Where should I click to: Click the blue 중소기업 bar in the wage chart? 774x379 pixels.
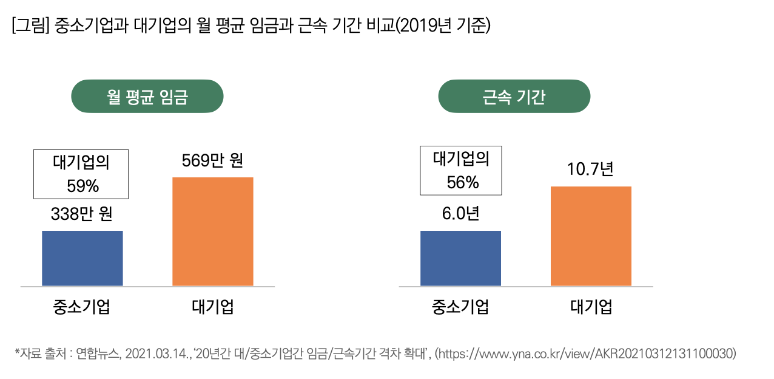[x=82, y=258]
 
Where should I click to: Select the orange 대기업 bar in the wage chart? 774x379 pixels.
[x=212, y=231]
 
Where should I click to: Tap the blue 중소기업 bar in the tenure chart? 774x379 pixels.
[x=460, y=258]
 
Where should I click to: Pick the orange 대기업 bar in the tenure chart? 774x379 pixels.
[x=591, y=236]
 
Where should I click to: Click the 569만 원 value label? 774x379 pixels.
[x=212, y=162]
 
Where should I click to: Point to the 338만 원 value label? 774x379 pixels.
[x=82, y=214]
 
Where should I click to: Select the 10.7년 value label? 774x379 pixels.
[x=590, y=169]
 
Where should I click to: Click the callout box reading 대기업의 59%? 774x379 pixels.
[x=81, y=174]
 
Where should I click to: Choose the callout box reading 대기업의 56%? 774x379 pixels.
[x=460, y=170]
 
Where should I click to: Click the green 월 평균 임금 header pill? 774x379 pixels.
[x=147, y=97]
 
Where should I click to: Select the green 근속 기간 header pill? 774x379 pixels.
[x=514, y=97]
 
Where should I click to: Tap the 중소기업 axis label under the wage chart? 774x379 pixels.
[x=82, y=306]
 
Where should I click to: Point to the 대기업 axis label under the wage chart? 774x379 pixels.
[x=212, y=306]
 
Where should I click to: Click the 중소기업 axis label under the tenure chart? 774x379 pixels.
[x=460, y=306]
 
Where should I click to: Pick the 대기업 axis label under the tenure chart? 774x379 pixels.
[x=591, y=306]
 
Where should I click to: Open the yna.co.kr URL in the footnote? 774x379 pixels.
[x=588, y=353]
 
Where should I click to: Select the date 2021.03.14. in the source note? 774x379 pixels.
[x=160, y=353]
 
